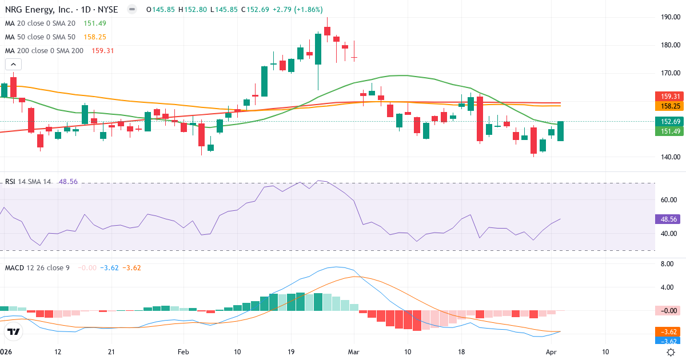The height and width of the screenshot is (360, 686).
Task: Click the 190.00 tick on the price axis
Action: [x=670, y=17]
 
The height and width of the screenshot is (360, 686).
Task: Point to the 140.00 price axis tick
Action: [x=670, y=157]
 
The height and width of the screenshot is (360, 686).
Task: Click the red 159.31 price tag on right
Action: [x=669, y=97]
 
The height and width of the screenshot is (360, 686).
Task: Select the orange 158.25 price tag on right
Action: [x=669, y=106]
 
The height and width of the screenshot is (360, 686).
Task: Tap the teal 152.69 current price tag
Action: [x=669, y=122]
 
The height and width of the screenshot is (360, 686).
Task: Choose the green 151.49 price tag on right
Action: [x=669, y=131]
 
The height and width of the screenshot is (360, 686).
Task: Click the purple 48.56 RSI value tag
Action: [x=669, y=219]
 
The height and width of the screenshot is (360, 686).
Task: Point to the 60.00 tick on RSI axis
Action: [x=670, y=200]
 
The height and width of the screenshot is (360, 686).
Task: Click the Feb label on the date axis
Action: [x=183, y=352]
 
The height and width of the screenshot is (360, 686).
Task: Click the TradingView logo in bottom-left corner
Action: [x=14, y=331]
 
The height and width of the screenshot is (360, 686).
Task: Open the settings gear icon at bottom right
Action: [x=672, y=352]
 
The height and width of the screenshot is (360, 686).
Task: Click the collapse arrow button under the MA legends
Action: [x=13, y=65]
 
